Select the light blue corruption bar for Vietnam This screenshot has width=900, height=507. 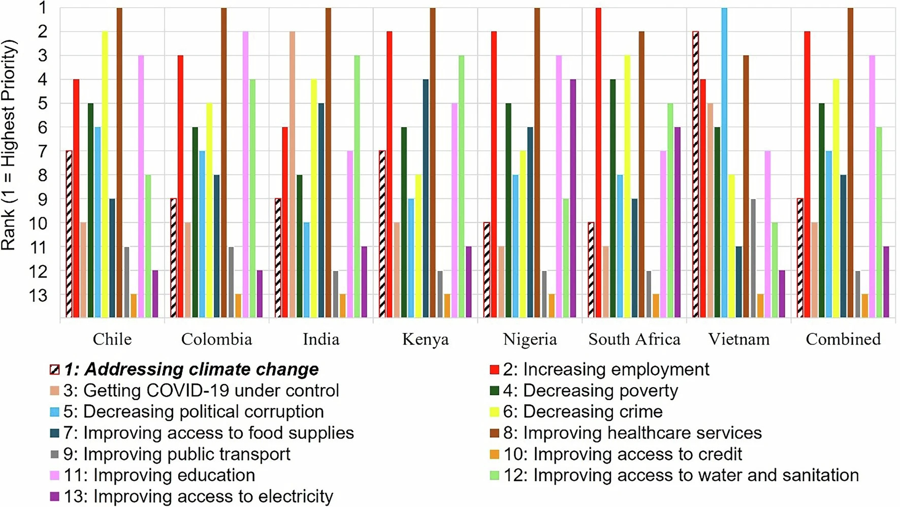(x=724, y=162)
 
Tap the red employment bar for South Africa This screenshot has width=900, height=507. (x=598, y=162)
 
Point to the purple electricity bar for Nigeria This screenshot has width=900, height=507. (x=573, y=198)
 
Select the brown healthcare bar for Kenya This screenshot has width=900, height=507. (x=433, y=162)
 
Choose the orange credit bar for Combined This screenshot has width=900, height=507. (x=865, y=306)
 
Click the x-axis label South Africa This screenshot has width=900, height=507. (x=634, y=339)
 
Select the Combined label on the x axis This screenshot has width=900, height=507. (x=843, y=339)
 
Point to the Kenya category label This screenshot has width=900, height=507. (x=426, y=339)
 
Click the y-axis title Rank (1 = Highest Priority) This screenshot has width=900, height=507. (x=9, y=145)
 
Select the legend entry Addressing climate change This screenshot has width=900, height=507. (x=191, y=369)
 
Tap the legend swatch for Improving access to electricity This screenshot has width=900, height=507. (x=55, y=496)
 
